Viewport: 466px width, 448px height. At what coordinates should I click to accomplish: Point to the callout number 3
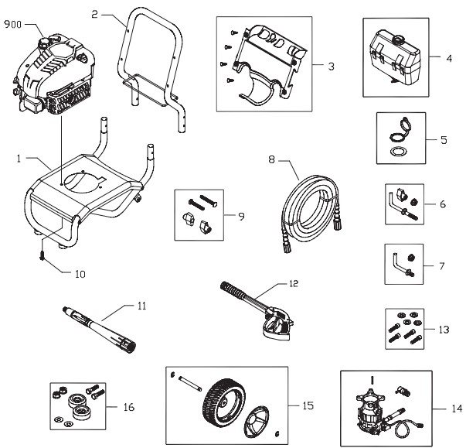coord(331,67)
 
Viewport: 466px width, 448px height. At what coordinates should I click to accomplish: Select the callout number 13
coord(443,329)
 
